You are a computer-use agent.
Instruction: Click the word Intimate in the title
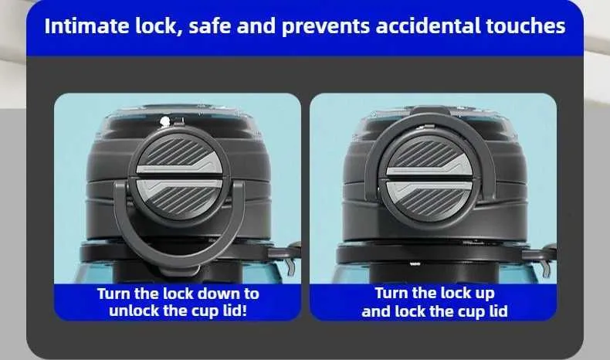86,26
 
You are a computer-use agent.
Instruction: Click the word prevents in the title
326,27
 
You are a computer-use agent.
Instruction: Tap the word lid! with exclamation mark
235,311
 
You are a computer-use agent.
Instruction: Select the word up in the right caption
483,294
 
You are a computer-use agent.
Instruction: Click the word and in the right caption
376,311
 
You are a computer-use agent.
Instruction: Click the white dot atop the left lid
165,121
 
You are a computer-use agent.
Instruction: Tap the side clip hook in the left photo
290,266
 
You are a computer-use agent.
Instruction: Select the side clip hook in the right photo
547,268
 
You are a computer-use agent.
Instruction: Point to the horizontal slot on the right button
429,178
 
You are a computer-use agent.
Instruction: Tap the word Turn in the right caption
391,293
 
